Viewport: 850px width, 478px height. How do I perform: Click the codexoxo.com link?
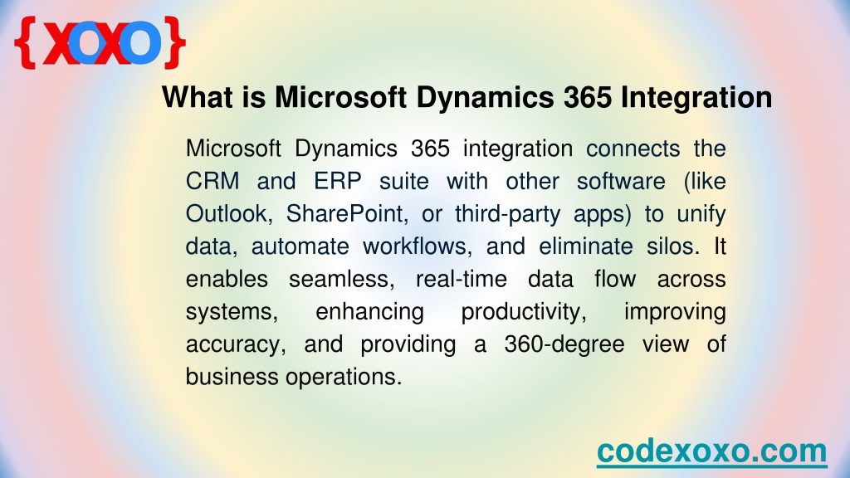(711, 451)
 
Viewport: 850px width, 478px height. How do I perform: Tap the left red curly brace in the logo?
(26, 42)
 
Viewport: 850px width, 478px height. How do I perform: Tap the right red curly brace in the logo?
(174, 42)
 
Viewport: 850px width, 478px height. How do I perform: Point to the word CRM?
(212, 181)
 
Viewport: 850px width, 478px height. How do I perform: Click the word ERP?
(337, 181)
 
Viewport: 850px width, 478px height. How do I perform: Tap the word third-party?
(507, 215)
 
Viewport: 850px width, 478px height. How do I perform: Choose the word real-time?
(462, 279)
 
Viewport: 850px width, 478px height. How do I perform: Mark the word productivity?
(524, 312)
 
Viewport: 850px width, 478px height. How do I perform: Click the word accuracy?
(236, 345)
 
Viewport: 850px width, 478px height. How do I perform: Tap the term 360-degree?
(564, 344)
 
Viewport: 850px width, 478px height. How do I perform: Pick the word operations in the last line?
(344, 378)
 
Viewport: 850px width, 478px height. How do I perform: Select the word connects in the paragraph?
(633, 149)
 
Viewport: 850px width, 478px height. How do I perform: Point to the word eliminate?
(586, 246)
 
